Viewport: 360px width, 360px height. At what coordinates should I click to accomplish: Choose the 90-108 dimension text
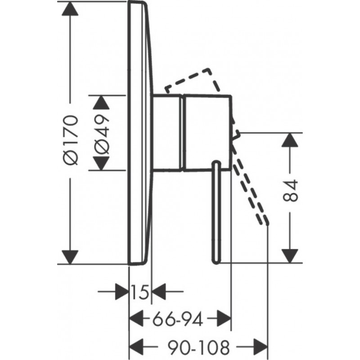click(199, 347)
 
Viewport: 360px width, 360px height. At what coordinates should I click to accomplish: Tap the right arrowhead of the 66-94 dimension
click(224, 320)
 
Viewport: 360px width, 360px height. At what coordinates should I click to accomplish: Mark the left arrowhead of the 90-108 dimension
click(137, 347)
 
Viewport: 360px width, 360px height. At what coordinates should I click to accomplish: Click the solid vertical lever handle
click(216, 211)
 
